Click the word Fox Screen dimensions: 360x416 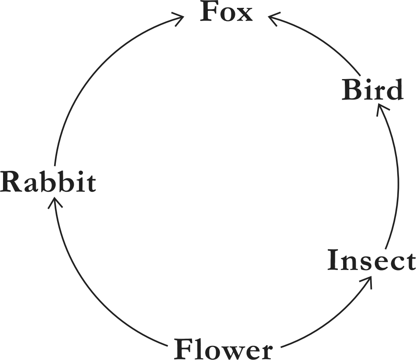[x=226, y=12]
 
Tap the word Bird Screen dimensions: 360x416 [x=372, y=91]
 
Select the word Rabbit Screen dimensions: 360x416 [x=48, y=182]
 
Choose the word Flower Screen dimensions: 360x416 [x=223, y=349]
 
